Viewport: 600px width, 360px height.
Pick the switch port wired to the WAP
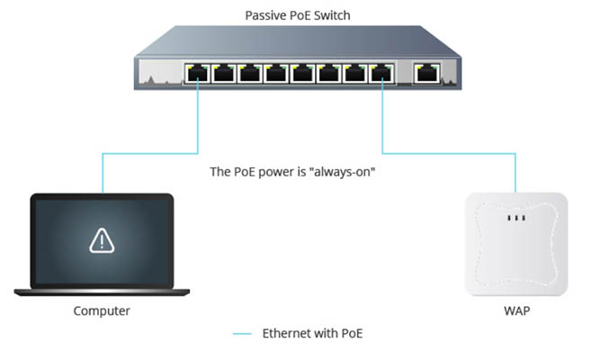pyautogui.click(x=382, y=74)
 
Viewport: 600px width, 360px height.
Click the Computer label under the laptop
pyautogui.click(x=102, y=310)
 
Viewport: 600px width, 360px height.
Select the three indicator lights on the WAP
pyautogui.click(x=515, y=219)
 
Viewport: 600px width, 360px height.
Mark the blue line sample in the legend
pyautogui.click(x=241, y=334)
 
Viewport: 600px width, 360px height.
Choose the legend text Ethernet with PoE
pyautogui.click(x=311, y=334)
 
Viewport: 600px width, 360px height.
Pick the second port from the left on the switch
pyautogui.click(x=224, y=74)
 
